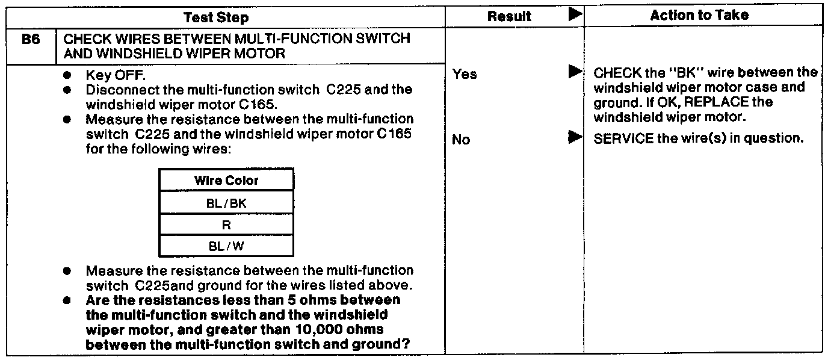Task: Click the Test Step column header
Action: click(216, 17)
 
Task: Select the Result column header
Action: click(509, 16)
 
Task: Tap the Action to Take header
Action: click(699, 15)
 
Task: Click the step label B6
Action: click(31, 39)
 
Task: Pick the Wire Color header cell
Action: click(226, 180)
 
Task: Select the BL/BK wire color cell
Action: click(226, 203)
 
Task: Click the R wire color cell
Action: click(226, 225)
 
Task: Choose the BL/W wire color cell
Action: click(226, 246)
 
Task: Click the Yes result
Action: click(465, 74)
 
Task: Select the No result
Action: click(461, 140)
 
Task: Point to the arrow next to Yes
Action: click(575, 72)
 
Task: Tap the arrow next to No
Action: click(575, 137)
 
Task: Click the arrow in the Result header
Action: click(575, 14)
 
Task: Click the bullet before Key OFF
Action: click(67, 75)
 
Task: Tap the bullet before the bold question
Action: click(67, 300)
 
